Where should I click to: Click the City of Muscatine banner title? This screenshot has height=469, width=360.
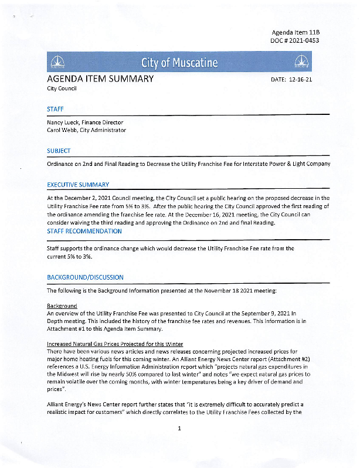point(179,63)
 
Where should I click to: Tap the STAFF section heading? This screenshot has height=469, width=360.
point(55,108)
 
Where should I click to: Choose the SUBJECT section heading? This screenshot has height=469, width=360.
point(59,151)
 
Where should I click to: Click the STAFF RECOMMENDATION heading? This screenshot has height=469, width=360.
point(84,231)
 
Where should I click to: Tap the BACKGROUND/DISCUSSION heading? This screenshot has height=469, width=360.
point(85,277)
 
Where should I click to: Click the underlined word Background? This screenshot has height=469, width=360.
point(62,306)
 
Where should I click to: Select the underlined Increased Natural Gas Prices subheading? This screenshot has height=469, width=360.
point(115,344)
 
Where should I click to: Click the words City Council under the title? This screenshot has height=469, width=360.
point(62,89)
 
